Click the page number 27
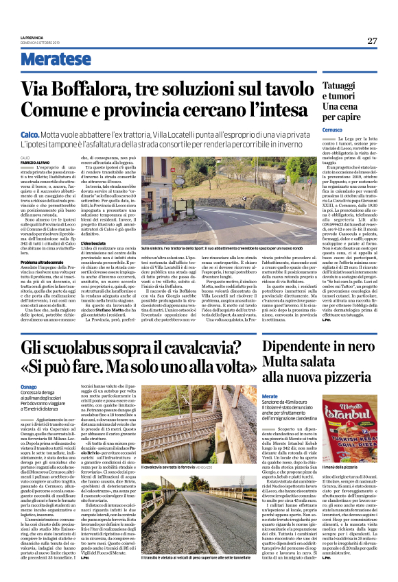(371, 40)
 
